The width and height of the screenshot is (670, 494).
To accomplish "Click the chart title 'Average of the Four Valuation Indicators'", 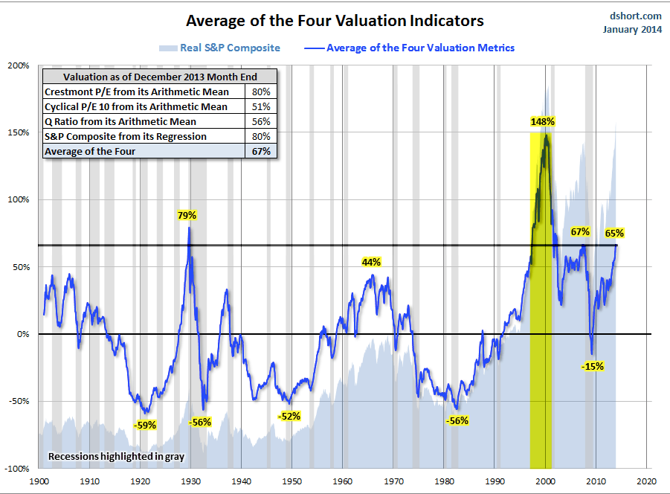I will point(335,20).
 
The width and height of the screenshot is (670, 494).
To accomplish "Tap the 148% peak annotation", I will point(543,121).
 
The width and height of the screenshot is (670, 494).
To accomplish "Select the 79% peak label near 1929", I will point(187,215).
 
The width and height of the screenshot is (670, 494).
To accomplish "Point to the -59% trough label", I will point(145,425).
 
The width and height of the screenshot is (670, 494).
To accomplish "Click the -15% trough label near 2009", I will point(593,366).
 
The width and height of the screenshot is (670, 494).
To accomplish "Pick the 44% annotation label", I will point(371,262).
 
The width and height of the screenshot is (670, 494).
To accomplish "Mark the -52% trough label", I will point(289,416).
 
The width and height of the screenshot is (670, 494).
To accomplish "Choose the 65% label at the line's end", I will point(614,233).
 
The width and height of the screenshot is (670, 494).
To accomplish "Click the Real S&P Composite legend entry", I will point(219,48).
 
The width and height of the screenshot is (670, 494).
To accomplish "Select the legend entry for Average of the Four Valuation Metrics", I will point(409,48).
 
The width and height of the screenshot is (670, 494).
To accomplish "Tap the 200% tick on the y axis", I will point(19,65).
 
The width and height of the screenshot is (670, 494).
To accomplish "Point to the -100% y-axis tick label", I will point(17,469).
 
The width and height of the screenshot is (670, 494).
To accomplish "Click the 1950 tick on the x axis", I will point(291,481).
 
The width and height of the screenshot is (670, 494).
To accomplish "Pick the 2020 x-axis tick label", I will point(645,481).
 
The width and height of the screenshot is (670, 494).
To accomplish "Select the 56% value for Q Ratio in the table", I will point(264,121).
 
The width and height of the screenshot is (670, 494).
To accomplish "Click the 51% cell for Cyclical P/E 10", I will point(264,106).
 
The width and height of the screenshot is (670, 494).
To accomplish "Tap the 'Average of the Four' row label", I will point(90,151).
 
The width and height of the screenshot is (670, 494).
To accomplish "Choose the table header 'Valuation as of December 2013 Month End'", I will point(160,76).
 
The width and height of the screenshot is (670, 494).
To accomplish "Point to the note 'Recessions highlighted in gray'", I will point(116,455).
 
